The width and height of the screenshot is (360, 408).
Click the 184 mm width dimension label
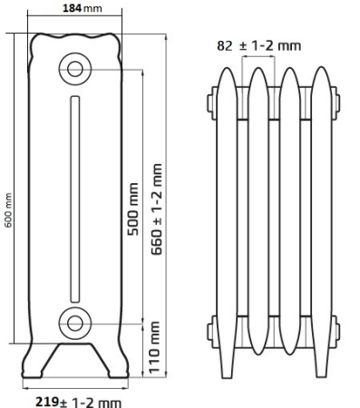[83, 8]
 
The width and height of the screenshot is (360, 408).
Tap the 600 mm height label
[8, 210]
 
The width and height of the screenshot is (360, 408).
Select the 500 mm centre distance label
[132, 209]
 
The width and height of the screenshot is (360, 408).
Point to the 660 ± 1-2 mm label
[157, 209]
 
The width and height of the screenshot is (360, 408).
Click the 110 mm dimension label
[154, 347]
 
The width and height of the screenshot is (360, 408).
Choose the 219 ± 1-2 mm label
[79, 403]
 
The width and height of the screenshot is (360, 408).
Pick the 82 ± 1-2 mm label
[259, 46]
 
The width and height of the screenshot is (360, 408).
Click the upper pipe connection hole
[75, 69]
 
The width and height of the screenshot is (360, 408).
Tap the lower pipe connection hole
[75, 324]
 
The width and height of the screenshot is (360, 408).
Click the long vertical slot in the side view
[75, 199]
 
